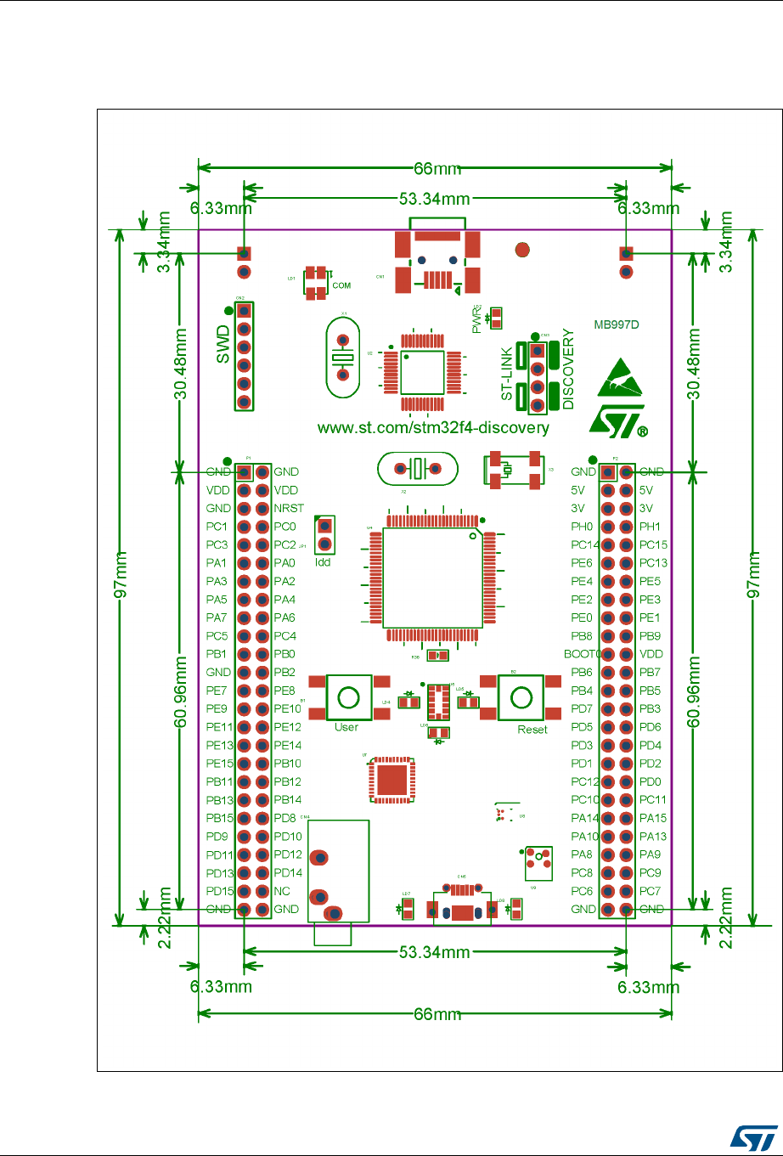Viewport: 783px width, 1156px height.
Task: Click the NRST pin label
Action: click(x=289, y=508)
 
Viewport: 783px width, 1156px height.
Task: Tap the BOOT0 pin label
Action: click(x=582, y=654)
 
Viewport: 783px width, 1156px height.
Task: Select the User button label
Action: click(x=346, y=727)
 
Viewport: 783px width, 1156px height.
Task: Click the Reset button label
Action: click(x=532, y=730)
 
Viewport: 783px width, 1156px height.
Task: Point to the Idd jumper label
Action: click(x=323, y=562)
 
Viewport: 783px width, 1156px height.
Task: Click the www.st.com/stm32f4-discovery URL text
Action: click(x=433, y=427)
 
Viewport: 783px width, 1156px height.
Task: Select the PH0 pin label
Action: click(x=583, y=527)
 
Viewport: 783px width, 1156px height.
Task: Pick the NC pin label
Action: click(x=282, y=891)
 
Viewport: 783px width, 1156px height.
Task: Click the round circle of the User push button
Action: click(x=348, y=697)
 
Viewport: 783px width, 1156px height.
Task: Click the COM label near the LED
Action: click(x=341, y=285)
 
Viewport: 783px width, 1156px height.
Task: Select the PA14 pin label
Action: click(x=584, y=818)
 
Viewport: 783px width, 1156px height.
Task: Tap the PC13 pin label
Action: click(x=653, y=562)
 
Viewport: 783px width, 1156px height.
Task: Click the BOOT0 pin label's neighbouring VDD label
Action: click(x=651, y=654)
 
